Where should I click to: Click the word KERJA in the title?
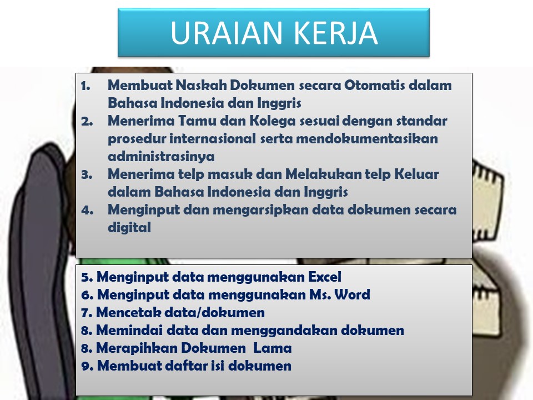335,33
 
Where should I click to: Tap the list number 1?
86,86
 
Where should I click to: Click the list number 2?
87,121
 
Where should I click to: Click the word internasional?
213,138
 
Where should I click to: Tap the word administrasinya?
161,157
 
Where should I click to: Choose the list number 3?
87,174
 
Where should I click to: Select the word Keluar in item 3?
416,174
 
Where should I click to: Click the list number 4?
87,210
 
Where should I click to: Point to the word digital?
129,228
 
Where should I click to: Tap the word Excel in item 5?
325,277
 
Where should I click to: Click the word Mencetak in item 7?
128,312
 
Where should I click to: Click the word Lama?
273,348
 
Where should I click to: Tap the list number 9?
87,366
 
